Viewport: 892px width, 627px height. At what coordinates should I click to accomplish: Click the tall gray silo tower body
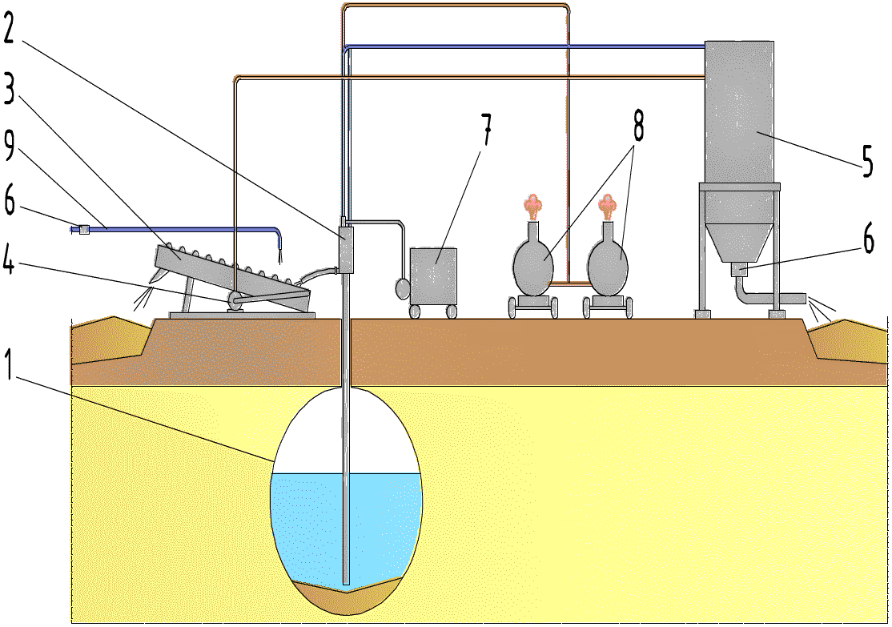click(x=738, y=112)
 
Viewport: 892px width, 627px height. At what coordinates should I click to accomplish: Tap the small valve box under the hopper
click(x=739, y=270)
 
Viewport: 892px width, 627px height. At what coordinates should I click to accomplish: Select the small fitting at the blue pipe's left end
click(x=83, y=230)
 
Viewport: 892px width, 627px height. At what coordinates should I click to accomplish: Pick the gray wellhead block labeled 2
click(x=346, y=249)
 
